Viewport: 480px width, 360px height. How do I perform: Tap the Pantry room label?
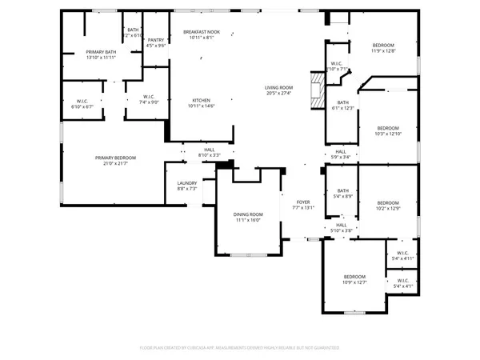(155, 42)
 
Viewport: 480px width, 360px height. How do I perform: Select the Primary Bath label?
(102, 54)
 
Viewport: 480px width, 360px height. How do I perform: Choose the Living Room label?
(279, 90)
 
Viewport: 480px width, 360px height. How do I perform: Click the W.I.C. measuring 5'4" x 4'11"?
(402, 256)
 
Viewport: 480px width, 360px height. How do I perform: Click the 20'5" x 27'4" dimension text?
(279, 93)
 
